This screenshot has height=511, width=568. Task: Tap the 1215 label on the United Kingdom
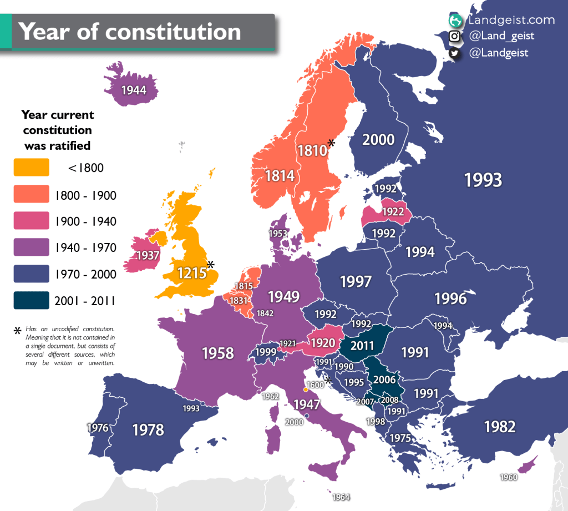(x=191, y=272)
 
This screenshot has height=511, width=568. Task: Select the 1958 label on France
(x=217, y=353)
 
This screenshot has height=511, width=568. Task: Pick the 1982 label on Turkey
(x=499, y=426)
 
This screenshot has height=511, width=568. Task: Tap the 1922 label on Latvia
(x=393, y=213)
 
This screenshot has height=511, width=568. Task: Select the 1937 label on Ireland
(x=147, y=256)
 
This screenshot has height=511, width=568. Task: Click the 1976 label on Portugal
(x=98, y=428)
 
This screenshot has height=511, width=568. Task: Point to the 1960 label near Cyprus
(x=509, y=477)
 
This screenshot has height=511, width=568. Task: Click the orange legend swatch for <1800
(x=31, y=168)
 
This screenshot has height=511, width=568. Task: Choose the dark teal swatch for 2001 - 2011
(x=31, y=301)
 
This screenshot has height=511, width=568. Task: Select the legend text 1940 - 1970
(x=85, y=248)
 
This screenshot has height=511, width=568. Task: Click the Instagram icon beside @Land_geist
(x=455, y=37)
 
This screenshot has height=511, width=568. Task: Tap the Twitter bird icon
(x=455, y=53)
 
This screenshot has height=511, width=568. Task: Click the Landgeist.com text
(x=511, y=20)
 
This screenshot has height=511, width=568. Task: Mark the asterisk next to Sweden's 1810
(x=331, y=143)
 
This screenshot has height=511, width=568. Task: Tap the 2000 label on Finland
(x=378, y=139)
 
